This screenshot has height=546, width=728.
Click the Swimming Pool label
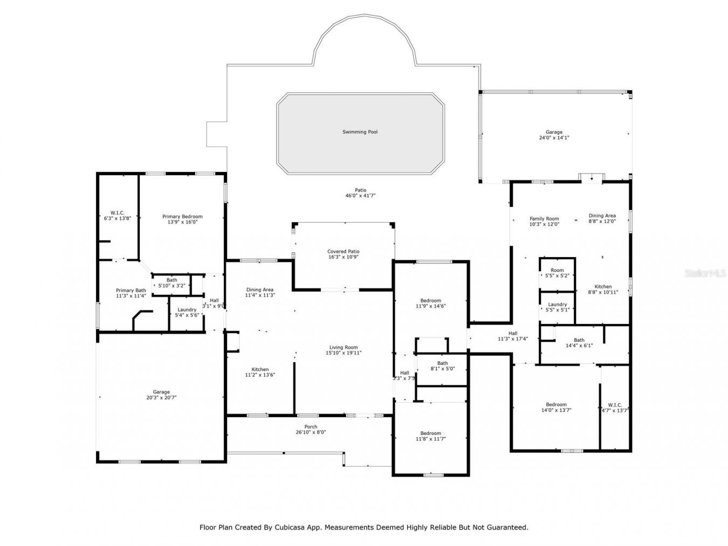pyautogui.click(x=360, y=132)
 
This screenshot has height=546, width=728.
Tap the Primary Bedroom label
pyautogui.click(x=182, y=217)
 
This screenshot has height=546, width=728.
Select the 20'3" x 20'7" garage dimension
pyautogui.click(x=161, y=398)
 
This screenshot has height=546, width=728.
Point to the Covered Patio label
pyautogui.click(x=343, y=252)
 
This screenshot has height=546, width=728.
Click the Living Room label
pyautogui.click(x=344, y=348)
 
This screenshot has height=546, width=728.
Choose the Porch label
pyautogui.click(x=310, y=427)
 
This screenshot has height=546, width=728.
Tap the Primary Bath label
pyautogui.click(x=131, y=291)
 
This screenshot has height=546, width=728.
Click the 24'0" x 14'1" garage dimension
pyautogui.click(x=554, y=138)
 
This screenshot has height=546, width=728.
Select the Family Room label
pyautogui.click(x=544, y=219)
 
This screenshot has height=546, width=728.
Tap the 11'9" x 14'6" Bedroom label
pyautogui.click(x=430, y=301)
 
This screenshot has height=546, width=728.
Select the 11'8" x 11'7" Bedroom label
pyautogui.click(x=430, y=433)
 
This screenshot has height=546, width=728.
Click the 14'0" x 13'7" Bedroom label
pyautogui.click(x=556, y=405)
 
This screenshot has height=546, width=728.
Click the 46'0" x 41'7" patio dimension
pyautogui.click(x=360, y=196)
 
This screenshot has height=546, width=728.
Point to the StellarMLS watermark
pyautogui.click(x=705, y=273)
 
